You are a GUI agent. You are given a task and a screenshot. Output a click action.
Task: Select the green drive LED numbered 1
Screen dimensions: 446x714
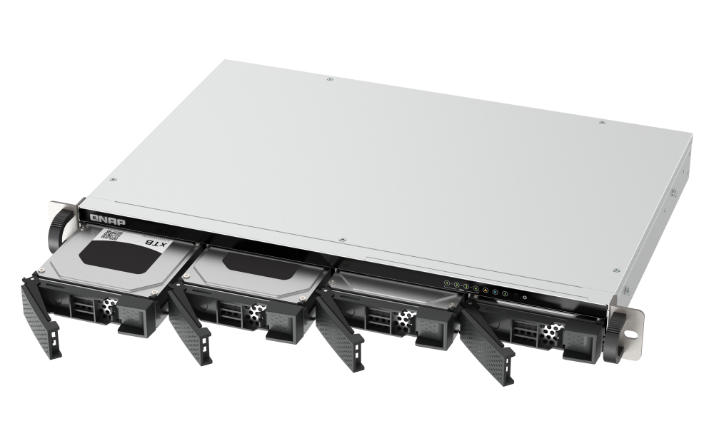click(446, 283)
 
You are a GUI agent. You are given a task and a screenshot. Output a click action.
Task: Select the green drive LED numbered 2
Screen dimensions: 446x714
click(456, 285)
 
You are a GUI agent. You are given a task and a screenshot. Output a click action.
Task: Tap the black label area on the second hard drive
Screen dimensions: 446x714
click(257, 265)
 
